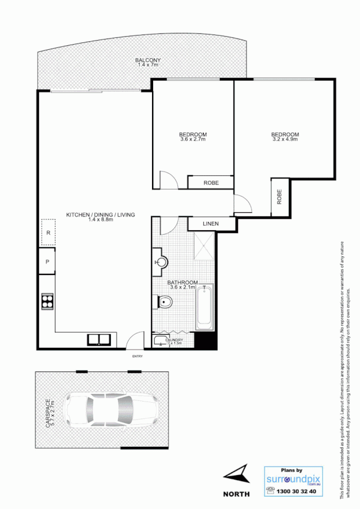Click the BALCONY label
point(148,61)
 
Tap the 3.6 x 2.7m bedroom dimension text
point(193,139)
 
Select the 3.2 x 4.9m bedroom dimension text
point(285,139)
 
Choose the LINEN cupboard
point(210,224)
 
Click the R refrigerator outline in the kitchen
point(48,233)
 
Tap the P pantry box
point(47,262)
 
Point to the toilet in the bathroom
point(164,303)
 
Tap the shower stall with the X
point(203,247)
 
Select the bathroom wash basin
point(161,262)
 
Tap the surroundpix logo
point(293,479)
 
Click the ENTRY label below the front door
point(137,356)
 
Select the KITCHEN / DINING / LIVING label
point(101,215)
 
